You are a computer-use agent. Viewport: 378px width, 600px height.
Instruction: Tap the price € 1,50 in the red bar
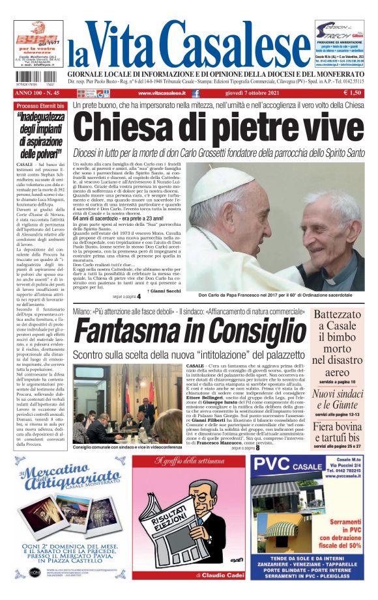[x=353, y=94]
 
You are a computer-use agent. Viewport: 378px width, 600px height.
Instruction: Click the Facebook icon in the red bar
[x=196, y=94]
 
